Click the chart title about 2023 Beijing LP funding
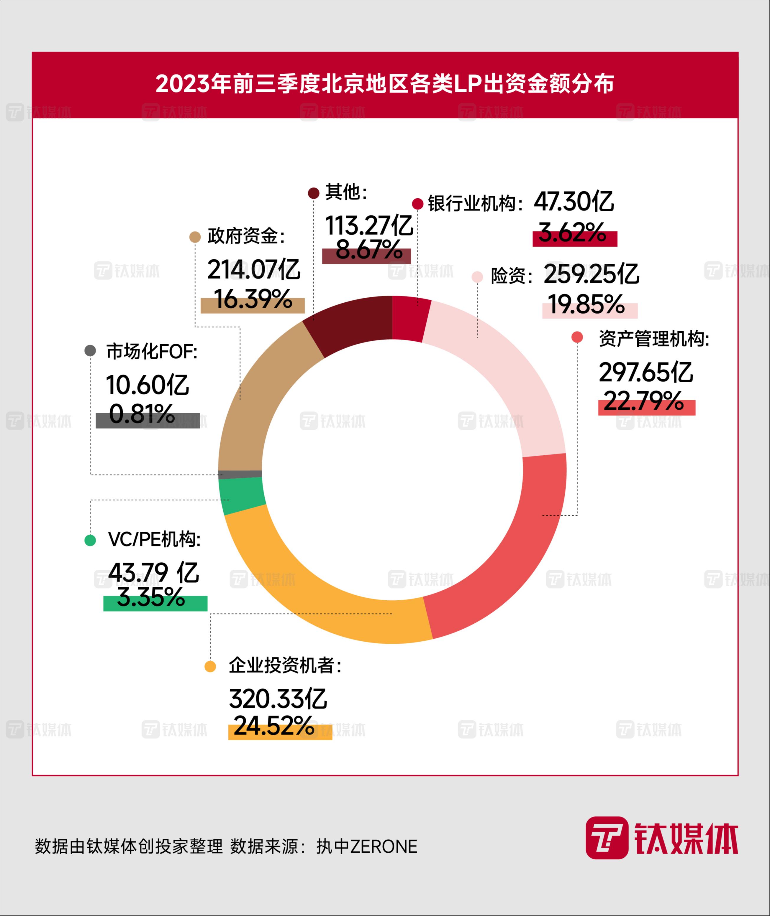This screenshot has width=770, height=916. [385, 84]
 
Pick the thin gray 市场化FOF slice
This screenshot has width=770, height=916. [240, 475]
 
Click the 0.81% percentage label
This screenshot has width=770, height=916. [142, 414]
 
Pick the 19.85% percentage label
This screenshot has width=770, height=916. [586, 304]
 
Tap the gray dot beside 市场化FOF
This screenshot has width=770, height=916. [90, 351]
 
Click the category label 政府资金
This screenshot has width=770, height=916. [245, 236]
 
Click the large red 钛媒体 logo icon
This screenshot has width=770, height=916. [607, 838]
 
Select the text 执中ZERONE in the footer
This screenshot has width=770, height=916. [367, 847]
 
